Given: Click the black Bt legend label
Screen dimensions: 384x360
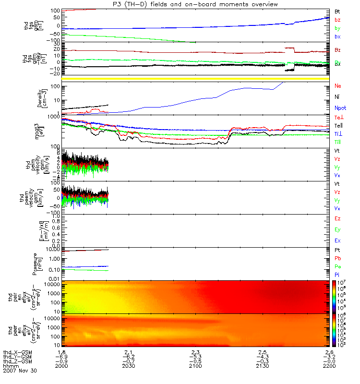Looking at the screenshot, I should pyautogui.click(x=337, y=11).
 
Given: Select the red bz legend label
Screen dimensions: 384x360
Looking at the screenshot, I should pyautogui.click(x=337, y=19).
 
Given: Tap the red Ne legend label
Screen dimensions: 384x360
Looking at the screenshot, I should pyautogui.click(x=337, y=86).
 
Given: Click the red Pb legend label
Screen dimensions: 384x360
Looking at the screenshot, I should pyautogui.click(x=337, y=258).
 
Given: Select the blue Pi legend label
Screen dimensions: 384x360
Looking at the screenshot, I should pyautogui.click(x=337, y=275).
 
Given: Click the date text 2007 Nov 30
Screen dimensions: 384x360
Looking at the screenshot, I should pyautogui.click(x=19, y=371).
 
